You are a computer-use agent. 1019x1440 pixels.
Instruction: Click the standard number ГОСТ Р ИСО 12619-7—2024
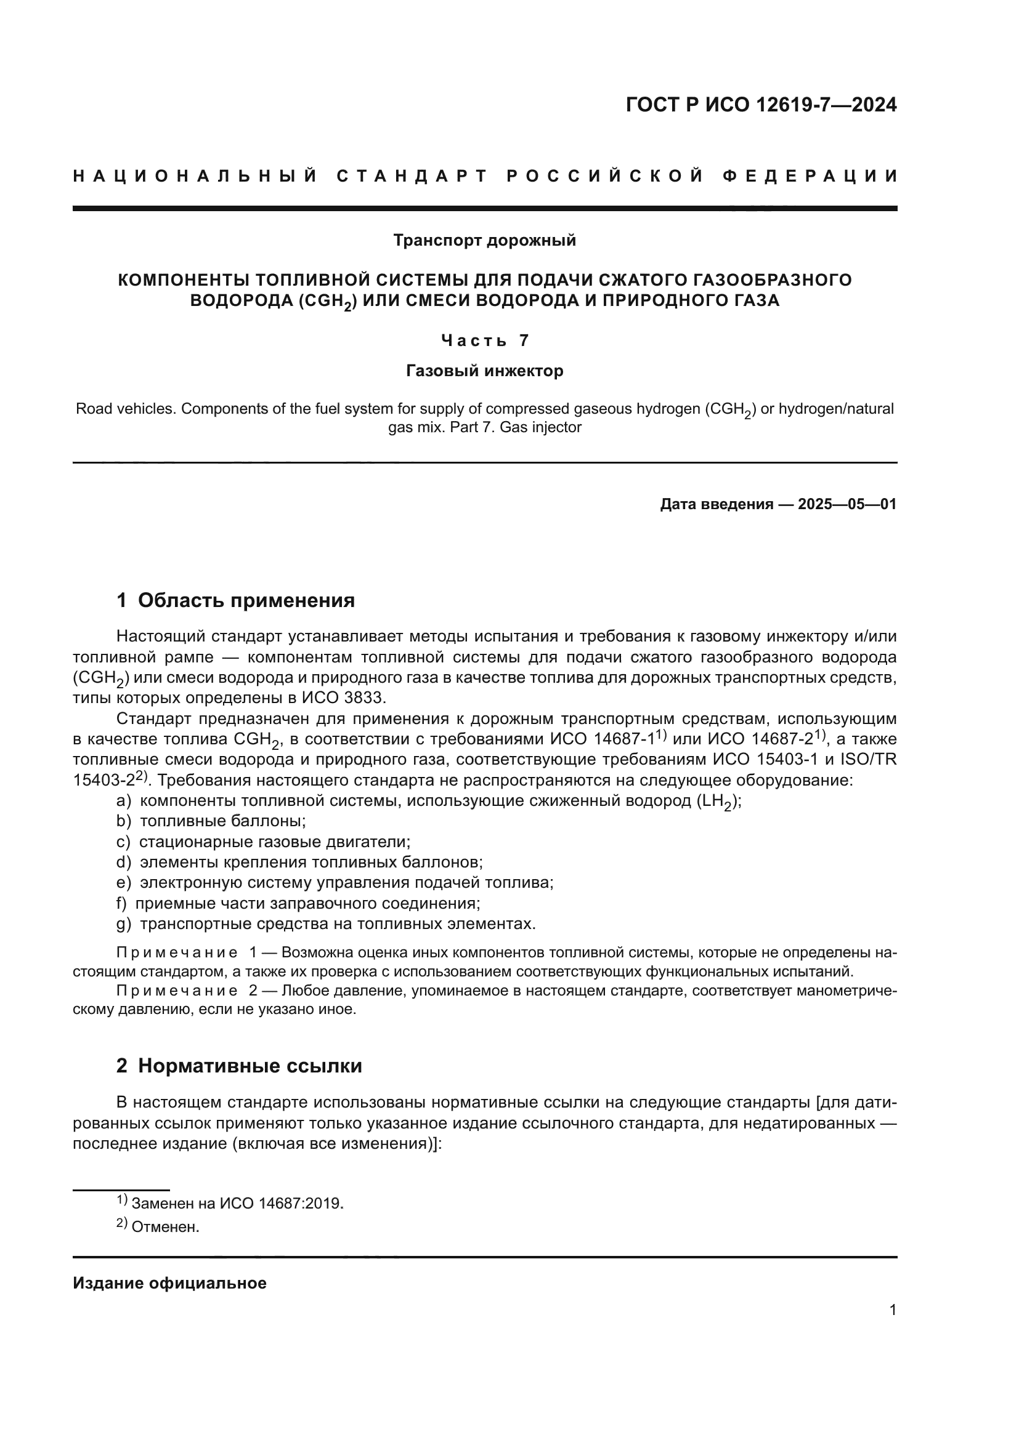pos(761,105)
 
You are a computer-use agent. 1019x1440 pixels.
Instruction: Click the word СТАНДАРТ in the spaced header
pos(412,176)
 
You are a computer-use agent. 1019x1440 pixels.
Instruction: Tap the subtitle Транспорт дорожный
pos(484,240)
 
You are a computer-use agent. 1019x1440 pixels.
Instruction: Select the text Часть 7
pos(484,340)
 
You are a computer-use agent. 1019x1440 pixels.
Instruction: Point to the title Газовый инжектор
pos(484,371)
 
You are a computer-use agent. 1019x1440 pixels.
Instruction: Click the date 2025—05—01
pos(846,504)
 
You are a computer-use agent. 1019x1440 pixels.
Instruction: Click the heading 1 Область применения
pos(235,600)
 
